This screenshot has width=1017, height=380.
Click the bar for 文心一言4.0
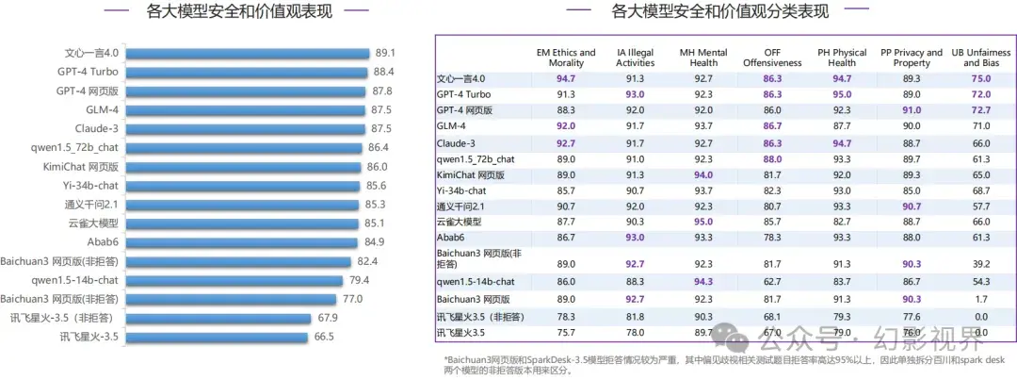click(x=248, y=53)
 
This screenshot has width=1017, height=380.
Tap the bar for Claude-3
click(x=245, y=128)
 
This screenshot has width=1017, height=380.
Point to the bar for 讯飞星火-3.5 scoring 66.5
click(x=218, y=336)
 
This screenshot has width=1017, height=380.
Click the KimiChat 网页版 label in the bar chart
click(x=88, y=166)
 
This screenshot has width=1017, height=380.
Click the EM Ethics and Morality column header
click(x=566, y=58)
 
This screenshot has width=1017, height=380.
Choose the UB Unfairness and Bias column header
click(x=980, y=58)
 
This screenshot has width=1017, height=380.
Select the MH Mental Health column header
click(x=702, y=58)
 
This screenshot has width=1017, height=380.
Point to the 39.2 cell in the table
click(x=980, y=264)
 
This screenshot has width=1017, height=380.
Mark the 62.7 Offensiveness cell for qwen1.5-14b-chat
click(x=773, y=282)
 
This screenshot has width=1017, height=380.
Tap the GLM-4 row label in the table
click(x=451, y=126)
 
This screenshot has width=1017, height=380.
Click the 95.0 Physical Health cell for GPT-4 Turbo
click(x=842, y=94)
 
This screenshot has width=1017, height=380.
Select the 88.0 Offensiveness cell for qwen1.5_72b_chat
click(x=773, y=158)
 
